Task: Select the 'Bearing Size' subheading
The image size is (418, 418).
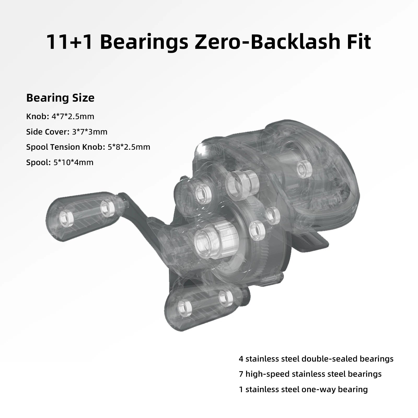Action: pyautogui.click(x=60, y=98)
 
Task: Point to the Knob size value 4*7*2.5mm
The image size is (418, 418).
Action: pyautogui.click(x=73, y=116)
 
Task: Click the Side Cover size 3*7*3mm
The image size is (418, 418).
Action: pyautogui.click(x=90, y=132)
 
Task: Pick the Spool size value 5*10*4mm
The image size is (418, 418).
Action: pyautogui.click(x=73, y=162)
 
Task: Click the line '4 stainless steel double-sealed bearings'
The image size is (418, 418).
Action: pyautogui.click(x=316, y=359)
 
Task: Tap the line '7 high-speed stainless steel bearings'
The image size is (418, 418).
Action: pyautogui.click(x=310, y=374)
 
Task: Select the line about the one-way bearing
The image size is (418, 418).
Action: pyautogui.click(x=303, y=389)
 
